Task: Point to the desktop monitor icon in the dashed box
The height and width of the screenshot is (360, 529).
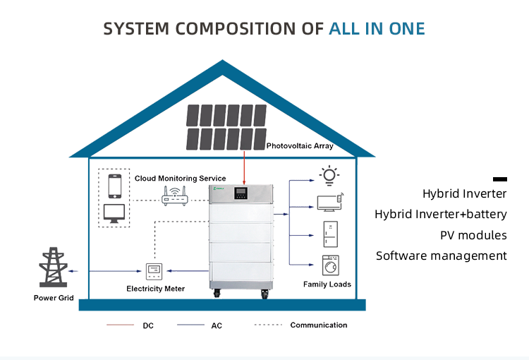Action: pos(114,214)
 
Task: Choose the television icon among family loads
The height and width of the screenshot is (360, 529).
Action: pos(329,203)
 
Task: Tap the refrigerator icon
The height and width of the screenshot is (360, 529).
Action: pos(330,234)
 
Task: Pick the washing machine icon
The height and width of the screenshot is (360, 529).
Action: pos(330,265)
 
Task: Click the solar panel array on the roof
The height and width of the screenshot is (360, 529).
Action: pos(227,126)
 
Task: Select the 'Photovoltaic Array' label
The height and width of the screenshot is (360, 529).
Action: pos(300,147)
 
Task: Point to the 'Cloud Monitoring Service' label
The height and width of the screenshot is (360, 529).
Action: pos(181,179)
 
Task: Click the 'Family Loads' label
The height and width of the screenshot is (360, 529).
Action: pos(327,284)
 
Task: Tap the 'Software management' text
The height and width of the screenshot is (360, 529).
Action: pos(441,256)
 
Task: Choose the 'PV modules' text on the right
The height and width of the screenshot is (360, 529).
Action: pos(473,235)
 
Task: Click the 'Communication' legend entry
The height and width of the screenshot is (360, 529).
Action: pos(319,325)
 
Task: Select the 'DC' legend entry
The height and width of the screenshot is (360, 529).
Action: pos(148,326)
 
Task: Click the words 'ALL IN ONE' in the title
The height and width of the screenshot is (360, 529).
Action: pos(377,29)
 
